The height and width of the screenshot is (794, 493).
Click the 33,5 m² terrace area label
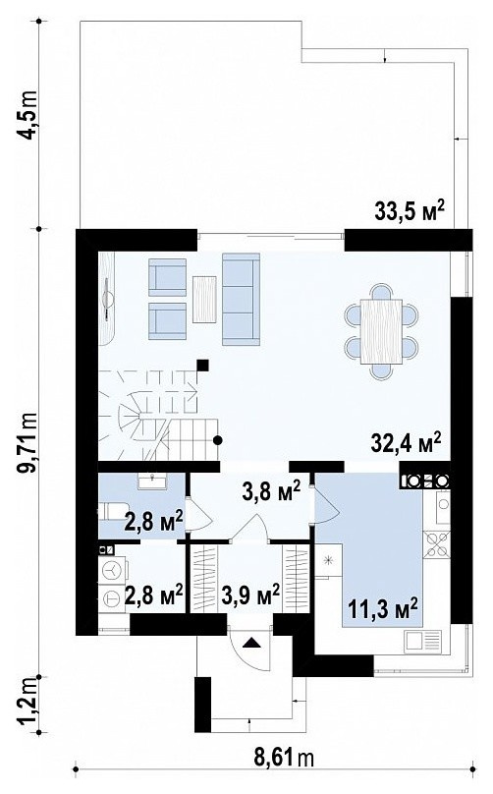[410, 210]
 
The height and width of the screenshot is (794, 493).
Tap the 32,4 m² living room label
[406, 441]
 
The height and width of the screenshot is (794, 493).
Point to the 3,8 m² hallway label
[271, 491]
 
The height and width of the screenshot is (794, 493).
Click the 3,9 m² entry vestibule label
[250, 593]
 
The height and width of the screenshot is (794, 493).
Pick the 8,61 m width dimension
[283, 757]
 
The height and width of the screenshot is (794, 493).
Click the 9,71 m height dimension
[28, 442]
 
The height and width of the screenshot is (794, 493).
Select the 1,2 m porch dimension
[28, 704]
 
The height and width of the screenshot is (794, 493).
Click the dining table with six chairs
[382, 331]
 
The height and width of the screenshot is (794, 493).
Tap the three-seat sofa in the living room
[241, 300]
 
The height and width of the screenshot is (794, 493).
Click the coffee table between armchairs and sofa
[204, 299]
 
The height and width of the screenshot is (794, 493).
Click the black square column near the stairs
[203, 366]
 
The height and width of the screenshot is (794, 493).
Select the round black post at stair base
[218, 440]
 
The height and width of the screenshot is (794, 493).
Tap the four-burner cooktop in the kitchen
[436, 544]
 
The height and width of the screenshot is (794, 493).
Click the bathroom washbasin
[153, 482]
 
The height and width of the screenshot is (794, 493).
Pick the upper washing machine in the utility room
[111, 570]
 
